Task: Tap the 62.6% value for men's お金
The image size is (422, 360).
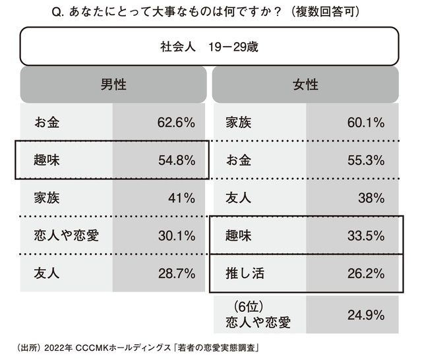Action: (176, 122)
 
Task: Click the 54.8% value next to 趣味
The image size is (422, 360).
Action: (176, 160)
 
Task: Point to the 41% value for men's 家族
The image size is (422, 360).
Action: (180, 197)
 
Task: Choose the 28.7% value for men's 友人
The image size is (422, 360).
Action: (176, 272)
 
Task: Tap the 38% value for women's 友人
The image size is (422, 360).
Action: (371, 197)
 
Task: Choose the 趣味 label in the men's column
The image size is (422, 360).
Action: (47, 160)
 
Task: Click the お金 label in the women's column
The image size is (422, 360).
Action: (239, 160)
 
